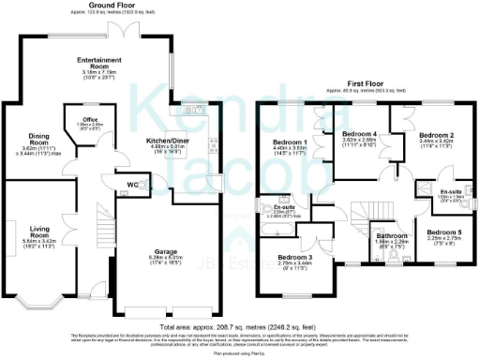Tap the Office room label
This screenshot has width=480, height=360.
pos(90,120)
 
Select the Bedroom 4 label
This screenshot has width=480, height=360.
pos(361,134)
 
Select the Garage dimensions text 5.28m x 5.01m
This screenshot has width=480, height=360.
pos(170,262)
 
